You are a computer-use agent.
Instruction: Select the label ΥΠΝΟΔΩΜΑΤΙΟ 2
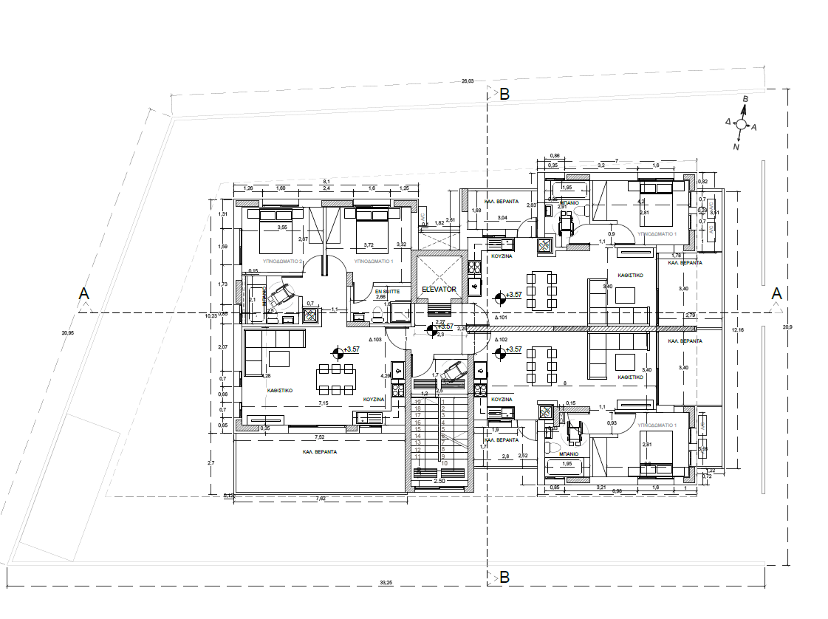[x=283, y=261]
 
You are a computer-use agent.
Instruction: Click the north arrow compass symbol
[x=741, y=124]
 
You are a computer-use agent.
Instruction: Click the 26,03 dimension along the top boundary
[x=467, y=81]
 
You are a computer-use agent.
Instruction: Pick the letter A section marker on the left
[x=85, y=294]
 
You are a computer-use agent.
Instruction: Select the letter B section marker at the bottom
[x=504, y=577]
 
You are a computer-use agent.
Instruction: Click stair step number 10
[x=445, y=464]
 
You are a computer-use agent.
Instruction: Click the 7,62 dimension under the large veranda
[x=321, y=499]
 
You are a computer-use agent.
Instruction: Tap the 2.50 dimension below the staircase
[x=440, y=481]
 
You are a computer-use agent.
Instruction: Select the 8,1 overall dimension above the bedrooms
[x=325, y=181]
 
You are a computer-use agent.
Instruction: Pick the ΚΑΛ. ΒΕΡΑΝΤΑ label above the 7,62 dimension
[x=320, y=451]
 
